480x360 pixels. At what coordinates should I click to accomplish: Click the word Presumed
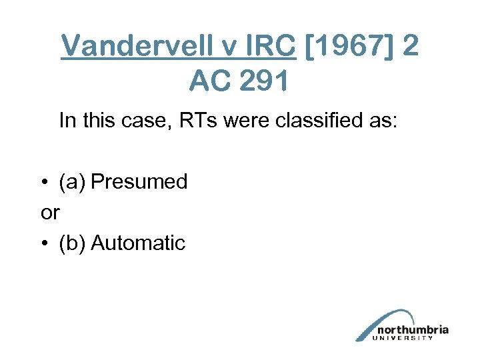(139, 181)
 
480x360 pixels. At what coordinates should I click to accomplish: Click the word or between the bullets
(50, 213)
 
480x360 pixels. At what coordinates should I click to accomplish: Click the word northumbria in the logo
(412, 329)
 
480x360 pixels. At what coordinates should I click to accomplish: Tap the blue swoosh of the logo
(380, 321)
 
